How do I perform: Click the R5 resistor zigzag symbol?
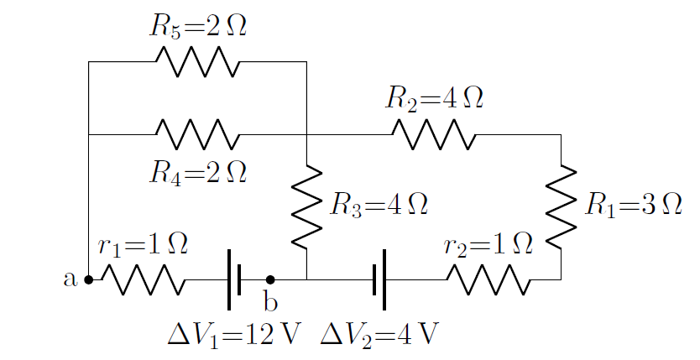[197, 62]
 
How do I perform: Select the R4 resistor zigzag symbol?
[197, 134]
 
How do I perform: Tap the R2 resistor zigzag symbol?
[434, 134]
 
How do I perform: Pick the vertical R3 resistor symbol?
[307, 206]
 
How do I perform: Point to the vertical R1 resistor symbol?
[561, 206]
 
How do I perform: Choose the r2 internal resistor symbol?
[488, 280]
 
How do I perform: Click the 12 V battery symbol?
[234, 279]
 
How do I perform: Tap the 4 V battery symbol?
[379, 279]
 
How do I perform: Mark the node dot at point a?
[88, 280]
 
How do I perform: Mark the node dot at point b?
[270, 280]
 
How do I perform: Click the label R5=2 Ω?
[198, 26]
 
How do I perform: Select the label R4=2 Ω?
[198, 172]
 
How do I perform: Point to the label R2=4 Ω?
[434, 98]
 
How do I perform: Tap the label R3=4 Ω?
[379, 205]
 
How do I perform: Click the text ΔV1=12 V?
[234, 334]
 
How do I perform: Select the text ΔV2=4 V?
[379, 334]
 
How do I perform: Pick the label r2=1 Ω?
[488, 244]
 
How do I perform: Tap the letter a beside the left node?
[71, 279]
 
